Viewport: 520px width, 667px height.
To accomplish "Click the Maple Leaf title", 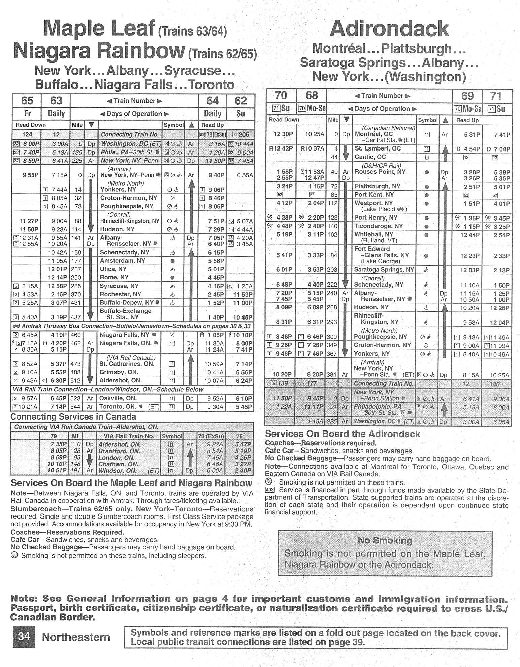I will (x=100, y=29).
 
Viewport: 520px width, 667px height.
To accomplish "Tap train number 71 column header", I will (x=496, y=96).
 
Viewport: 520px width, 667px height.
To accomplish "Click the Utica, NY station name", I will (x=113, y=269).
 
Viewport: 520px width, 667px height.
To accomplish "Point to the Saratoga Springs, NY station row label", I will (x=384, y=270).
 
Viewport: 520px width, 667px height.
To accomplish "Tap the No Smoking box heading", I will (x=385, y=540).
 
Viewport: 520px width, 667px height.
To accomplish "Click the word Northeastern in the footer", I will (x=76, y=637).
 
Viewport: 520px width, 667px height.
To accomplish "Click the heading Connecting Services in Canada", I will (x=73, y=417).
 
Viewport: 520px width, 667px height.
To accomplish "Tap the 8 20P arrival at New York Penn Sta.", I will (x=312, y=374).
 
